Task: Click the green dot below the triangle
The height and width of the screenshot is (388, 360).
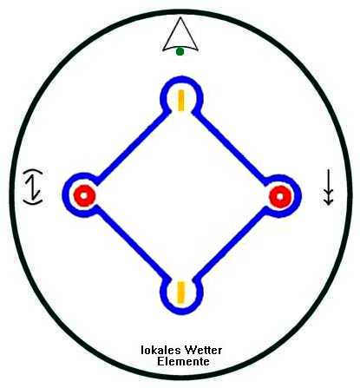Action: click(x=180, y=52)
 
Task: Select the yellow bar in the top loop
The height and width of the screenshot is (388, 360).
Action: click(x=181, y=100)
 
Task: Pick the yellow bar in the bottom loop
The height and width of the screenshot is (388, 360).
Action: click(x=181, y=292)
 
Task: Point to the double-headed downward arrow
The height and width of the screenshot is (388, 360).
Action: click(x=328, y=187)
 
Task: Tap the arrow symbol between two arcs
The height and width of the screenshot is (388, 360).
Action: click(x=33, y=187)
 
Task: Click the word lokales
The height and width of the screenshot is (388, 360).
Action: click(x=160, y=350)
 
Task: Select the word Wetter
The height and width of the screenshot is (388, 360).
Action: click(x=203, y=350)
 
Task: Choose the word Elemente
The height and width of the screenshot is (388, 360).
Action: click(x=183, y=362)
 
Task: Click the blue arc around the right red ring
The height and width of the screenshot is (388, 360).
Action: click(x=298, y=195)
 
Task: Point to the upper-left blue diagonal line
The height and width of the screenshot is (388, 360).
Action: click(x=132, y=148)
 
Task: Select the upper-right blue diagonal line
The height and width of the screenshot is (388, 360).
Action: click(x=231, y=148)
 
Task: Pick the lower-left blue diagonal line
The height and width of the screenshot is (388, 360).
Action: click(x=132, y=243)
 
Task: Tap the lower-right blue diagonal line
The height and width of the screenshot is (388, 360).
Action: click(x=231, y=243)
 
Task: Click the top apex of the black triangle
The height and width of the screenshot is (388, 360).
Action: click(x=180, y=17)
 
